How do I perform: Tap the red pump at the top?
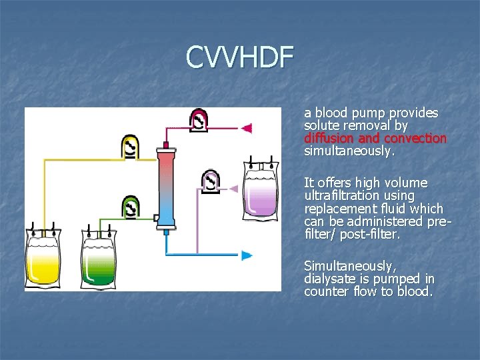(x=199, y=120)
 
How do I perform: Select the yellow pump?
(x=131, y=147)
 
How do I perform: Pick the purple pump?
(x=211, y=181)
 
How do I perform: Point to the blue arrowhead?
(x=247, y=255)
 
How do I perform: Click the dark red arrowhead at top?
(x=246, y=127)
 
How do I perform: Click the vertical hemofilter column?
(x=166, y=187)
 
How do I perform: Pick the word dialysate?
(x=330, y=279)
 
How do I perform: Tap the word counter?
(x=326, y=292)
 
